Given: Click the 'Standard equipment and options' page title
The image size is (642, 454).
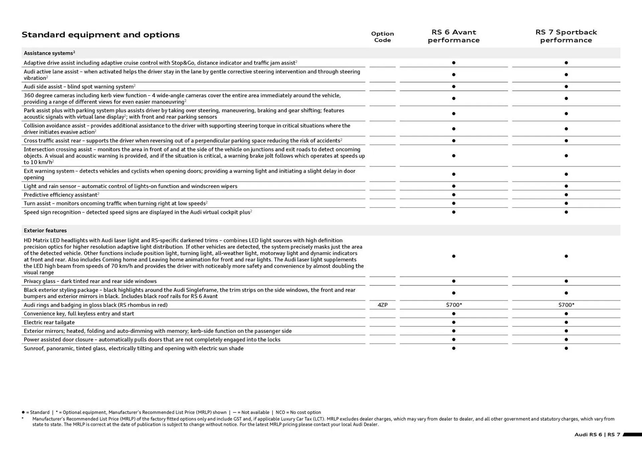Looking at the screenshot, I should click(101, 35).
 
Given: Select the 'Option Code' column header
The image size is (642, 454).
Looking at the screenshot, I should click(382, 37).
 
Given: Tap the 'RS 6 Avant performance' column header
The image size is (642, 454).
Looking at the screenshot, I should click(453, 36).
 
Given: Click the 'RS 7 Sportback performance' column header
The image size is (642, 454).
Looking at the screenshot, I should click(566, 36).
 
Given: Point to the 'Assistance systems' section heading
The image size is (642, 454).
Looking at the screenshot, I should click(49, 53).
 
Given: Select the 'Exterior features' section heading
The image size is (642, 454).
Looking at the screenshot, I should click(45, 230).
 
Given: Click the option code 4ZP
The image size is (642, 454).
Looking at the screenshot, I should click(382, 305).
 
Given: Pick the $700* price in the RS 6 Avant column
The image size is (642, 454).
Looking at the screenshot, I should click(454, 305).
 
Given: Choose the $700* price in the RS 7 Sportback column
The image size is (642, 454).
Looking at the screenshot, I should click(566, 305).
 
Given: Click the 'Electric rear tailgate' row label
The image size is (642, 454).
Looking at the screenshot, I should click(49, 322).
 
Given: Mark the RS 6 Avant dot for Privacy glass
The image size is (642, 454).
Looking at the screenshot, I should click(453, 281).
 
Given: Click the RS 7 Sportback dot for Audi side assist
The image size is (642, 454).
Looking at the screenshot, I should click(566, 87).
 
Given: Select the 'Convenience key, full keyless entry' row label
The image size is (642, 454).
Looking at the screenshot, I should click(79, 314).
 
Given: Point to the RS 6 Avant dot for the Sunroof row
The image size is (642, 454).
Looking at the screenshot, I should click(453, 348).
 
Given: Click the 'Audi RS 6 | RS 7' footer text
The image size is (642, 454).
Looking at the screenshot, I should click(597, 435).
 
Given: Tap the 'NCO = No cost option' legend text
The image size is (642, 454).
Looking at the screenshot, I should click(298, 412).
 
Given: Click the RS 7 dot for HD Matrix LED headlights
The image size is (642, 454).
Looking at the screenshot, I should click(566, 256).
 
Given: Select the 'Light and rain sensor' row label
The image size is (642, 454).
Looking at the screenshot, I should click(130, 186).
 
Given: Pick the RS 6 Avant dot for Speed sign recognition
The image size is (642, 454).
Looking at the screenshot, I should click(453, 212).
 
